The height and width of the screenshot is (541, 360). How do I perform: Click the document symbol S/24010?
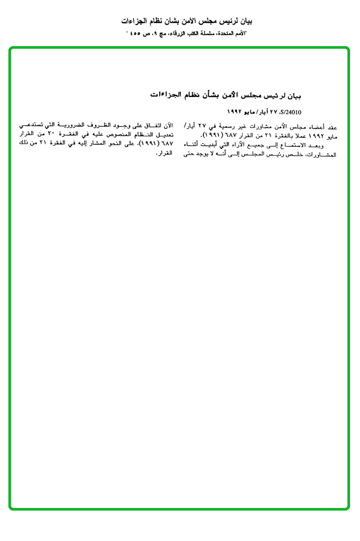coord(291,112)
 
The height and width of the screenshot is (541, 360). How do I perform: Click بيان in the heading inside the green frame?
coord(293,95)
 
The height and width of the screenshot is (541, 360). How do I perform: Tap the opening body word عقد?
coord(332,127)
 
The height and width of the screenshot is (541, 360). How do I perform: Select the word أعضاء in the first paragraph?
coord(314,127)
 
